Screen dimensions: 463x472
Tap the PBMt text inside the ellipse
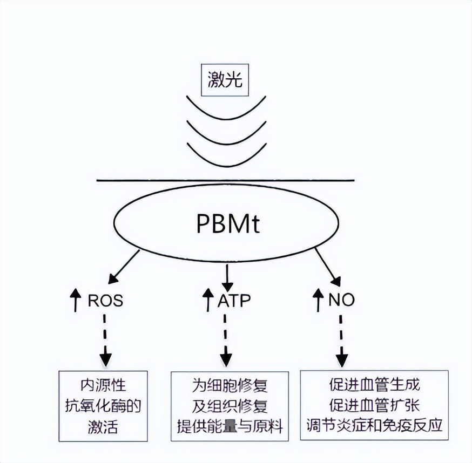click(227, 223)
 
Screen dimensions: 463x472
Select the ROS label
click(105, 300)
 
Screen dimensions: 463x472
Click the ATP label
click(235, 300)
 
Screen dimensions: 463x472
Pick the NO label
click(341, 300)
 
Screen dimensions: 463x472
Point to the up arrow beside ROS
click(77, 299)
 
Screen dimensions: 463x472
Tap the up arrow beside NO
click(318, 299)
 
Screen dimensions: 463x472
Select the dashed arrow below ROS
click(106, 341)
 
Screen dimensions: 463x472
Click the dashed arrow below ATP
click(226, 341)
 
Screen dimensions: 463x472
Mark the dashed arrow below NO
click(341, 341)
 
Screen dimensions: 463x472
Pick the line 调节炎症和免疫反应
click(374, 424)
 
